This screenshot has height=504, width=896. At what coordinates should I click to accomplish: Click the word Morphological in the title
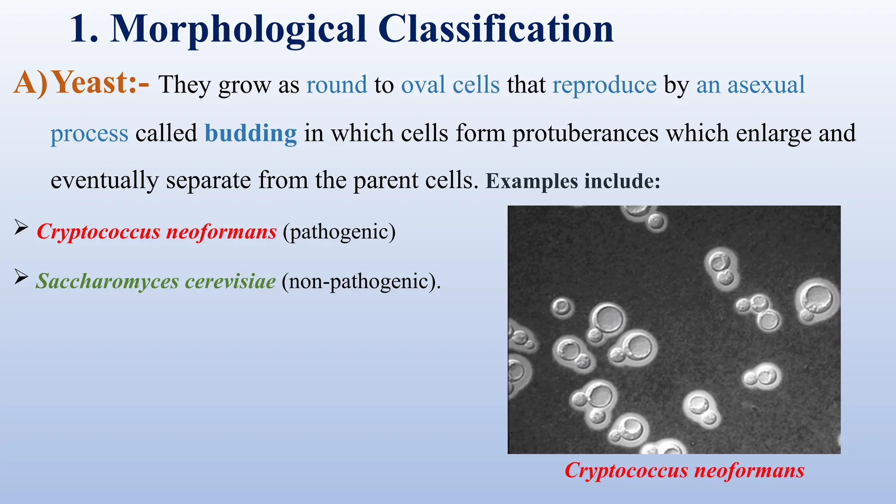click(x=238, y=30)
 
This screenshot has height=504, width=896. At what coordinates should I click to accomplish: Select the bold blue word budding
click(x=251, y=133)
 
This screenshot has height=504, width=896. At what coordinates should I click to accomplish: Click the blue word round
click(x=336, y=85)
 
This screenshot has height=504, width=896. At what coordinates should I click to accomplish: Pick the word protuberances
click(x=585, y=133)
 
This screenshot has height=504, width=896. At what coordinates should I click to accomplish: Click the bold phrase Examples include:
click(x=573, y=181)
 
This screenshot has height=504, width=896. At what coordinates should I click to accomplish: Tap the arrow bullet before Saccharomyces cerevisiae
click(x=21, y=277)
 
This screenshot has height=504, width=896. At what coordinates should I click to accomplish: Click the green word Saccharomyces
click(x=107, y=281)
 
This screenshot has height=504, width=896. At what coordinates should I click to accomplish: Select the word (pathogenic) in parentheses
click(x=339, y=232)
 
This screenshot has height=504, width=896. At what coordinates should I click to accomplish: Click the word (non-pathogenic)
click(x=361, y=281)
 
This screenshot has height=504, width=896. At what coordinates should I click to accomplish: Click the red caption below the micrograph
click(x=684, y=471)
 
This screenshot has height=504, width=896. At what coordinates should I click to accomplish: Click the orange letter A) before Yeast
click(x=30, y=83)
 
